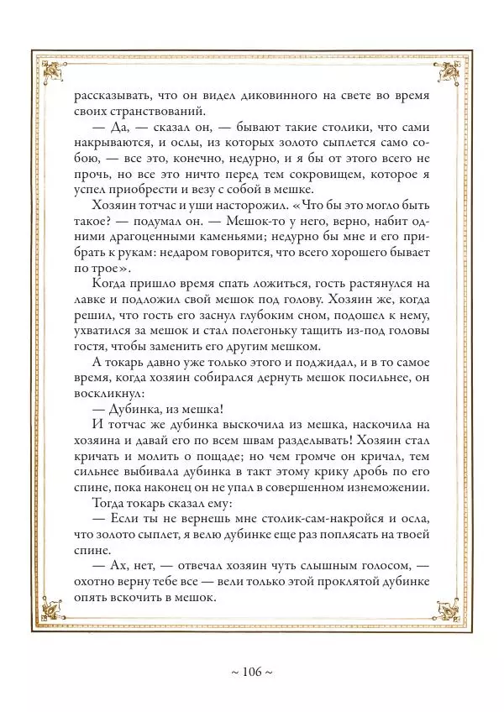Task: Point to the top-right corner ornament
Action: click(448, 70)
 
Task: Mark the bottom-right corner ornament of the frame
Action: click(448, 609)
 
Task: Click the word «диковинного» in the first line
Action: click(265, 95)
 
